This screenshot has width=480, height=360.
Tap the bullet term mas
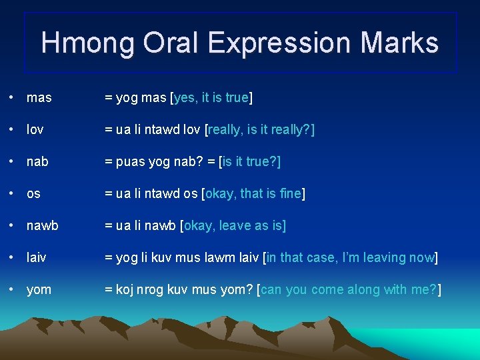[39, 98]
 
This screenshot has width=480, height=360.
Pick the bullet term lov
[35, 130]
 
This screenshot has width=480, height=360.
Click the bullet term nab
[37, 162]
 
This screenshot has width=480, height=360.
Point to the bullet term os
[33, 194]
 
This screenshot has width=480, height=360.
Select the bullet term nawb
[42, 226]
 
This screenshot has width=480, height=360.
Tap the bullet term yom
[39, 289]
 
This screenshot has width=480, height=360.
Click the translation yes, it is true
[211, 98]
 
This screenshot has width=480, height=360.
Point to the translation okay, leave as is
[233, 226]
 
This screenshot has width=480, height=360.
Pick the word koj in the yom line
[124, 289]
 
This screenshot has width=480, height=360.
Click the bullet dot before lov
[13, 130]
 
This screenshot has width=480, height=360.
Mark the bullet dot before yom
[13, 289]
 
